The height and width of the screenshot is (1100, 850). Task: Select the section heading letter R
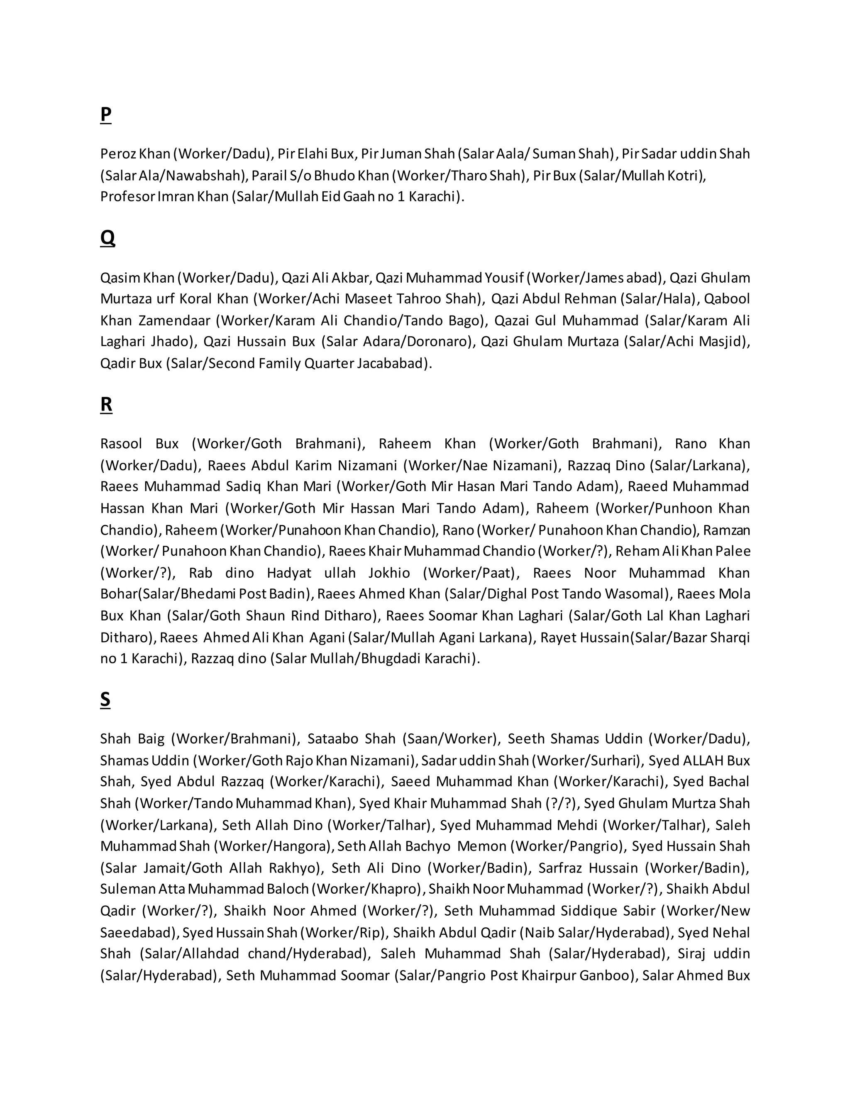click(x=106, y=404)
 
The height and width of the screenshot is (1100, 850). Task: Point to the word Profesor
click(x=127, y=196)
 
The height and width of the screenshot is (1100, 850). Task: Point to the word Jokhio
click(x=389, y=573)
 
